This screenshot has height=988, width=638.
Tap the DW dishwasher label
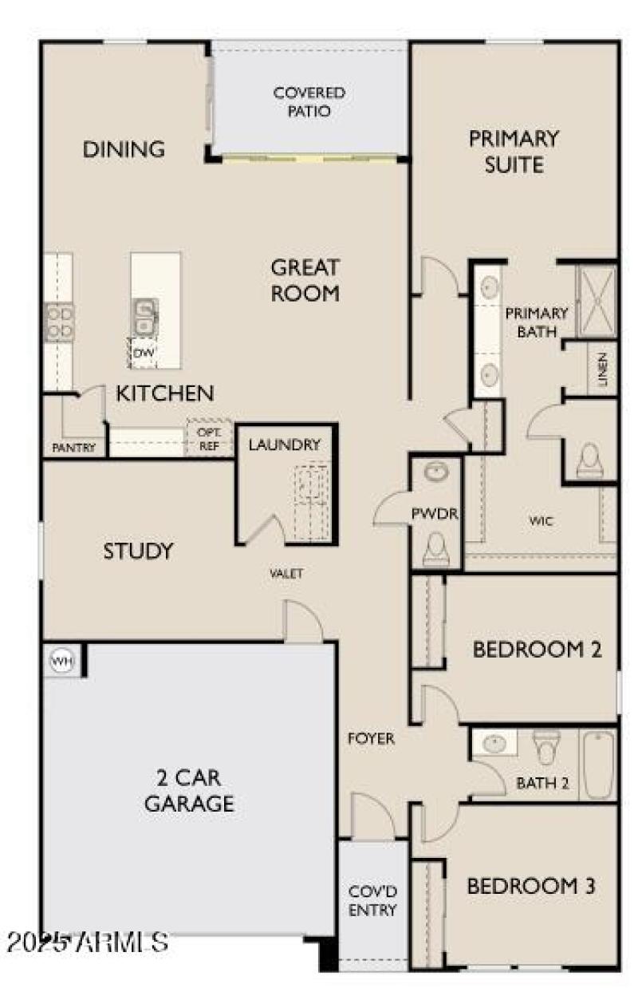tap(144, 352)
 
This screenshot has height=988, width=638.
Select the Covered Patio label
tap(309, 102)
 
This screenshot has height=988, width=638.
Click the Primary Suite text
tap(514, 151)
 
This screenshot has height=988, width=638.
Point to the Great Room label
tap(305, 279)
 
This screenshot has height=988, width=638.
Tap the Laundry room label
tap(284, 445)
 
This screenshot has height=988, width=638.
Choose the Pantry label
tap(73, 448)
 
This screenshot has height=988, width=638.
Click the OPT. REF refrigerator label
tap(208, 439)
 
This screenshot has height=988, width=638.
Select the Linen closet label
tap(603, 369)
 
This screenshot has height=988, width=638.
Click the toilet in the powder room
tap(435, 547)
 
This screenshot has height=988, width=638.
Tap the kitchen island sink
tap(144, 316)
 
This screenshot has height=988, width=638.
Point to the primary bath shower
tap(597, 299)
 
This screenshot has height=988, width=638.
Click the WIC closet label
tap(540, 521)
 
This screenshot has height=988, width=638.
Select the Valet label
tap(286, 573)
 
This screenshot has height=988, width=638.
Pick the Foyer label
tap(371, 739)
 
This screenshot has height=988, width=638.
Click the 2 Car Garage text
tap(189, 790)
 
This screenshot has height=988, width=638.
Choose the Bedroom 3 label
tap(531, 886)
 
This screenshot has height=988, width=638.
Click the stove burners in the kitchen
tap(60, 322)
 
